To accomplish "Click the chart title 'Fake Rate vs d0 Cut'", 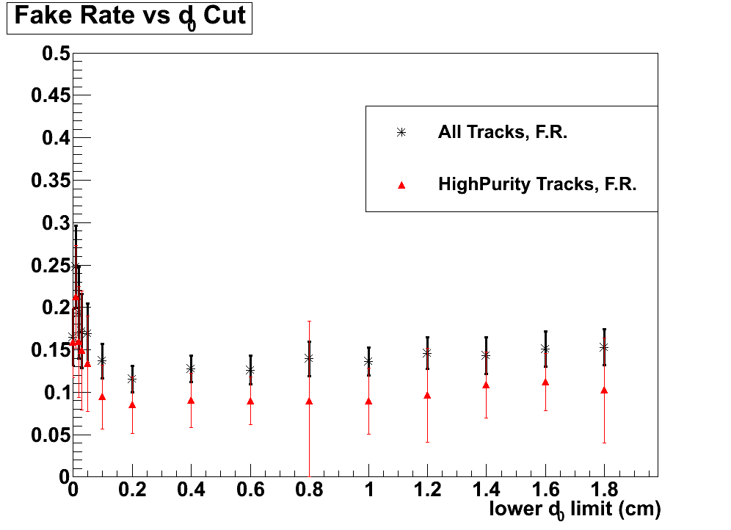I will click(130, 17).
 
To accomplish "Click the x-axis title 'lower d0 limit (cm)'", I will click(575, 509).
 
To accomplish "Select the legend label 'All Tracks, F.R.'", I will click(502, 133).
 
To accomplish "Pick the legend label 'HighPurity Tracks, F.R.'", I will click(537, 184).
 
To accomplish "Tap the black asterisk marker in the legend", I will click(401, 133).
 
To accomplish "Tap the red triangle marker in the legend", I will click(401, 185).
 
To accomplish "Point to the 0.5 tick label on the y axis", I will click(54, 54).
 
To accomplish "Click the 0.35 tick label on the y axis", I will click(49, 181).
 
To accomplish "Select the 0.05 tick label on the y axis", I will click(49, 435).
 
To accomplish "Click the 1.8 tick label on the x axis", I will click(604, 490).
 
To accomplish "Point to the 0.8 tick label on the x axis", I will click(309, 490).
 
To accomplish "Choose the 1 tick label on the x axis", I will click(368, 490).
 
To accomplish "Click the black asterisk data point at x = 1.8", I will click(604, 346).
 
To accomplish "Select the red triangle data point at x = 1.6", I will click(545, 382).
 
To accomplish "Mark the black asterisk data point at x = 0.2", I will click(132, 379).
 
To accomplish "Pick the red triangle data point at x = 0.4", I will click(191, 401).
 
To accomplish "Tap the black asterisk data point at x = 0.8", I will click(309, 358).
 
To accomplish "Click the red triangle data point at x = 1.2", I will click(427, 396).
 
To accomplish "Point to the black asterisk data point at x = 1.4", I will click(486, 355).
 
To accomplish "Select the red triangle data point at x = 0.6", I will click(250, 402).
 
